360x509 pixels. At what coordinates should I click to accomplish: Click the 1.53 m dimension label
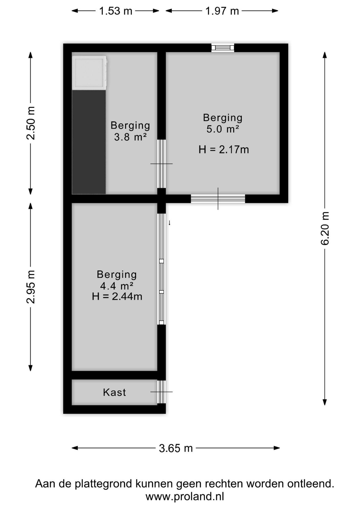click(x=116, y=11)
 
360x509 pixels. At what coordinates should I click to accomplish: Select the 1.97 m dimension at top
click(x=222, y=11)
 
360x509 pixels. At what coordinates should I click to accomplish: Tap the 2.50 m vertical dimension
click(x=31, y=123)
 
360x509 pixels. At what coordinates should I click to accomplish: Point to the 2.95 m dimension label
click(x=31, y=287)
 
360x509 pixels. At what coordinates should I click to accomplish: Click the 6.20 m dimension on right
click(x=325, y=228)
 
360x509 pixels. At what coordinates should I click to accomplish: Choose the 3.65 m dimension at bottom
click(x=176, y=448)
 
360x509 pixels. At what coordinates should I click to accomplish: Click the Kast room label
click(x=114, y=392)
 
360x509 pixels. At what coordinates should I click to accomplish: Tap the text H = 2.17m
click(x=224, y=150)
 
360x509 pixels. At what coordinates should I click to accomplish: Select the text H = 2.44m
click(x=117, y=296)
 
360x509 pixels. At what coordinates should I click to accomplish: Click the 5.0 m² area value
click(x=223, y=129)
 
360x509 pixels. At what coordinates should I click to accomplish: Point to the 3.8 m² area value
click(x=130, y=137)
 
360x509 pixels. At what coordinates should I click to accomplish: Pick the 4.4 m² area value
click(x=117, y=286)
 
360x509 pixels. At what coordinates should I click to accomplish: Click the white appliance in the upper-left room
click(x=89, y=73)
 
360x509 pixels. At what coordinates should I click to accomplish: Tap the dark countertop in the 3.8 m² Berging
click(x=89, y=142)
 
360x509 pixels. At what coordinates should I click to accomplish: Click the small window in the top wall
click(x=223, y=48)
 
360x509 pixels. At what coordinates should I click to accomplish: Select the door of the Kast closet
click(x=161, y=392)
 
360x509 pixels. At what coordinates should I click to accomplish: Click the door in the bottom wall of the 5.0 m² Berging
click(x=218, y=199)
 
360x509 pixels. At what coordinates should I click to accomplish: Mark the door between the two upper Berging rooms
click(x=161, y=164)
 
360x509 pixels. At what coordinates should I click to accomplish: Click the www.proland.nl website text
click(x=185, y=496)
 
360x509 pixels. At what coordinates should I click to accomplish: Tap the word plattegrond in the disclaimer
click(x=104, y=484)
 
